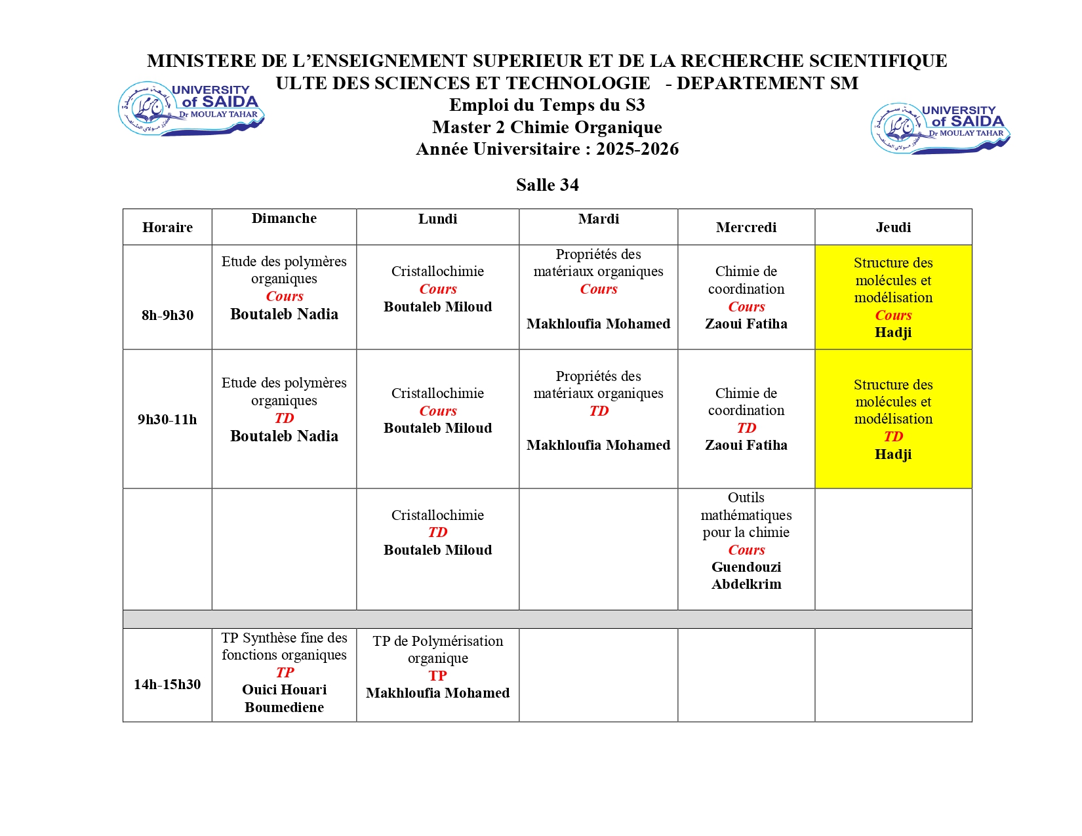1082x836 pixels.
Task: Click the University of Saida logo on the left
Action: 191,109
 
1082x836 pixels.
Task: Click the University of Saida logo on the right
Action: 940,128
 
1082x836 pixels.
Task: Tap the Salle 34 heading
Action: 547,185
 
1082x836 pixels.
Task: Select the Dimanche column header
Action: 284,218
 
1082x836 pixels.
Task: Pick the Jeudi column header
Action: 893,228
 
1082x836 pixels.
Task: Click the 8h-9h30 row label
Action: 167,315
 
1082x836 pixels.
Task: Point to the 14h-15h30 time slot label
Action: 167,685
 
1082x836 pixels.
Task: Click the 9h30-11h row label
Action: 167,420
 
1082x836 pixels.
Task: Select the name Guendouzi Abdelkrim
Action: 746,576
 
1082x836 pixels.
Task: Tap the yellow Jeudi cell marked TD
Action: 893,419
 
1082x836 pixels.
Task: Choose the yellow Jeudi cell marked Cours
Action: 893,297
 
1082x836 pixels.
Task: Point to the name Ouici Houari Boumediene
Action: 284,698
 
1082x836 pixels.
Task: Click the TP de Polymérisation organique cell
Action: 437,667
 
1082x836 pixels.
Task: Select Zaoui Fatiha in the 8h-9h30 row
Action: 746,324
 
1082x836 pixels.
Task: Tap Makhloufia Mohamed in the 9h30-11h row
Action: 598,445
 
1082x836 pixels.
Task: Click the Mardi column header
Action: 598,219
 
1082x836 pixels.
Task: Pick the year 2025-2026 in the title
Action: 637,149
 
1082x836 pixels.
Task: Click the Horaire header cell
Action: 167,228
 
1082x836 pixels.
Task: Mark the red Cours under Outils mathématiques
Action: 746,550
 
